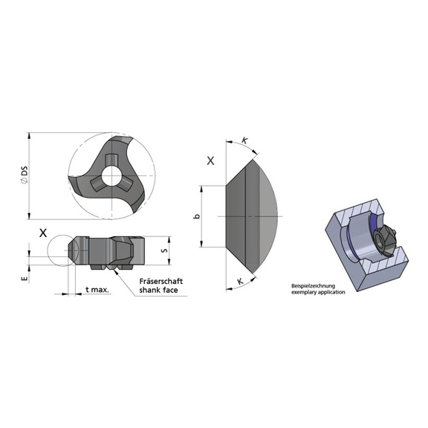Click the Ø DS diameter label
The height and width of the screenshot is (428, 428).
pos(25,176)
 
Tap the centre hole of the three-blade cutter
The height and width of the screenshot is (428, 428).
pos(111,177)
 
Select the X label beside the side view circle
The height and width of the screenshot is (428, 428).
pos(43,233)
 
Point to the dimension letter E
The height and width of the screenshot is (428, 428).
pos(25,279)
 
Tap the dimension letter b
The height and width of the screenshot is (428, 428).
pos(196,216)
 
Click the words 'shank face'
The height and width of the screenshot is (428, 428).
pos(160,291)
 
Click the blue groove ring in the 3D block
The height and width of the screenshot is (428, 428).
pos(351,245)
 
